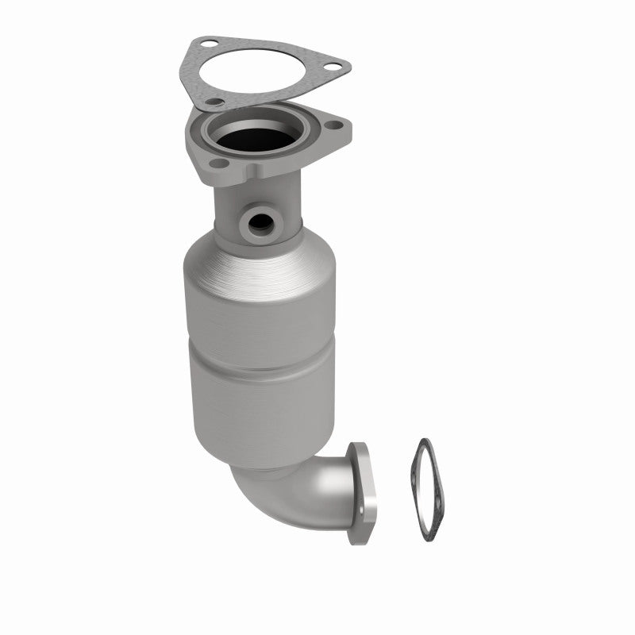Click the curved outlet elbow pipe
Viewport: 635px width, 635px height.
302,492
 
